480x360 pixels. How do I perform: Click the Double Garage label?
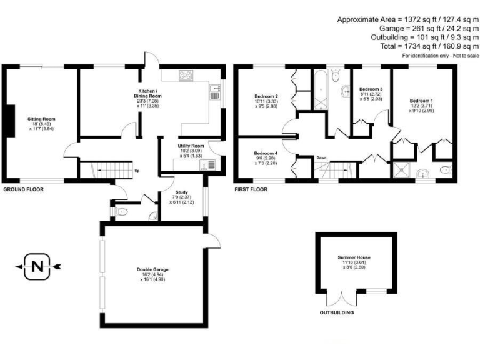pyautogui.click(x=153, y=269)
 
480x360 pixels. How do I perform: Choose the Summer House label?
pyautogui.click(x=355, y=257)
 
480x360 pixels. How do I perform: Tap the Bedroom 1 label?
pyautogui.click(x=421, y=101)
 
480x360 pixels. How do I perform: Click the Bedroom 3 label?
pyautogui.click(x=371, y=89)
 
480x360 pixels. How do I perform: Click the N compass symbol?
pyautogui.click(x=37, y=267)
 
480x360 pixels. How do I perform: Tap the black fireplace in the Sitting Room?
pyautogui.click(x=9, y=119)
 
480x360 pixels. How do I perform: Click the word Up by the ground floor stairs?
pyautogui.click(x=136, y=170)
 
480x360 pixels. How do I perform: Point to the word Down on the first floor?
pyautogui.click(x=322, y=157)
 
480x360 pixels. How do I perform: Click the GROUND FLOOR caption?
pyautogui.click(x=24, y=189)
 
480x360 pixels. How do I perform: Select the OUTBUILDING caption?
pyautogui.click(x=337, y=312)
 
